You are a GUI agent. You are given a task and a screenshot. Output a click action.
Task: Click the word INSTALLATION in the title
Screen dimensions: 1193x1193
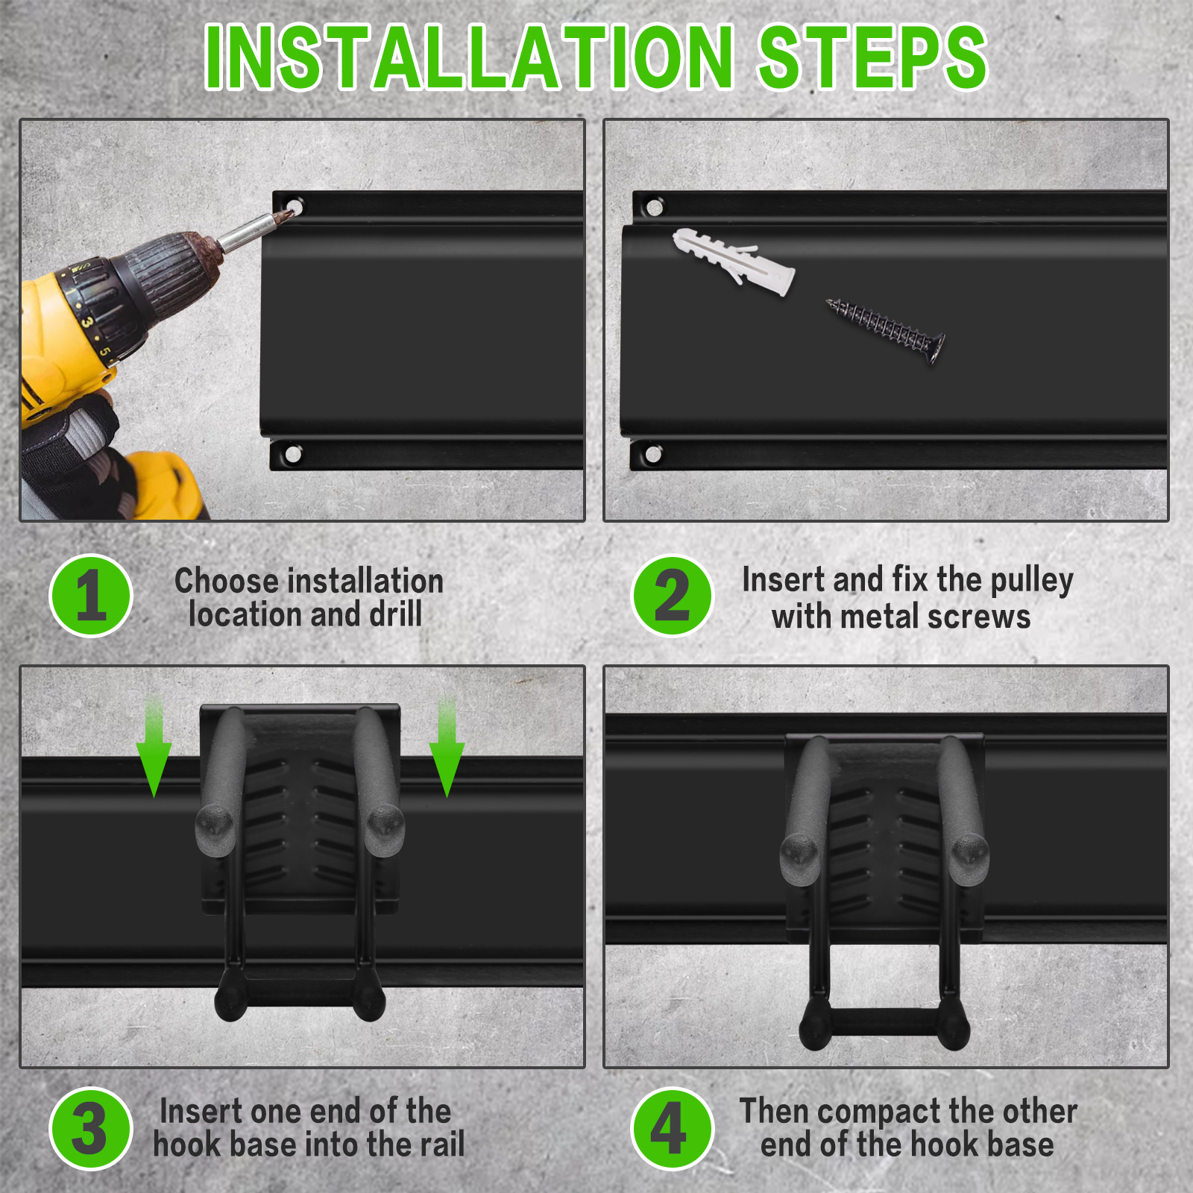[470, 57]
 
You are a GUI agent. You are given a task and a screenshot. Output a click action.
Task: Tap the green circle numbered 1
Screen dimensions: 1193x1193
[91, 596]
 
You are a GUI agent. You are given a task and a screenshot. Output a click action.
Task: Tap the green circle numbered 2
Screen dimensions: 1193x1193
[673, 596]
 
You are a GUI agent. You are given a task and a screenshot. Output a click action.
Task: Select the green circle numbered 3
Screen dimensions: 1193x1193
[91, 1129]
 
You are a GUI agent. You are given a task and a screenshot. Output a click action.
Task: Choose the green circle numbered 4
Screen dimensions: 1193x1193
[673, 1129]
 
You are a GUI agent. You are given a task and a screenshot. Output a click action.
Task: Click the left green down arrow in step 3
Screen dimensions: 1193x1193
[154, 746]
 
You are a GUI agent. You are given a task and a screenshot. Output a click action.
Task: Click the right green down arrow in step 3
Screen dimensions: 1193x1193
[447, 746]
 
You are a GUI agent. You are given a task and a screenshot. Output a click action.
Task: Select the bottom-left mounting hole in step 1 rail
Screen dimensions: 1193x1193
[293, 453]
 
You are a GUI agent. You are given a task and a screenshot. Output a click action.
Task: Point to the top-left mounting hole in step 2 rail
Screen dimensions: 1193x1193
[654, 207]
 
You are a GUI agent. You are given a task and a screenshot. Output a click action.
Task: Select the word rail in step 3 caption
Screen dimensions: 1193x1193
[442, 1145]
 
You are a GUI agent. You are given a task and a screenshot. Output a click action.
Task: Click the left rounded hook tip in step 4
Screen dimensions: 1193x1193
[800, 854]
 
